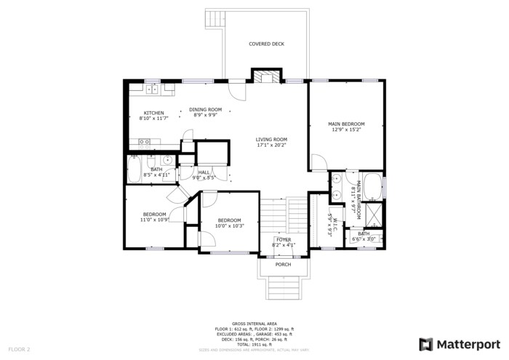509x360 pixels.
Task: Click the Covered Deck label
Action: (266, 44)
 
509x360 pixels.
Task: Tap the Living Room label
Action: (271, 140)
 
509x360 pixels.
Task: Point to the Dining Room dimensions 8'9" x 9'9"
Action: (206, 115)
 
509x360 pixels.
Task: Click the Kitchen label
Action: (153, 113)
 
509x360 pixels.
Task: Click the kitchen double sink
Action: (151, 89)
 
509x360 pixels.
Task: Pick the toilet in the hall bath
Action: (149, 160)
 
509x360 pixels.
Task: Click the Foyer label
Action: (283, 239)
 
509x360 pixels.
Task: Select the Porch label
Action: (283, 265)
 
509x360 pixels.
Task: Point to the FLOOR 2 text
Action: (19, 349)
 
